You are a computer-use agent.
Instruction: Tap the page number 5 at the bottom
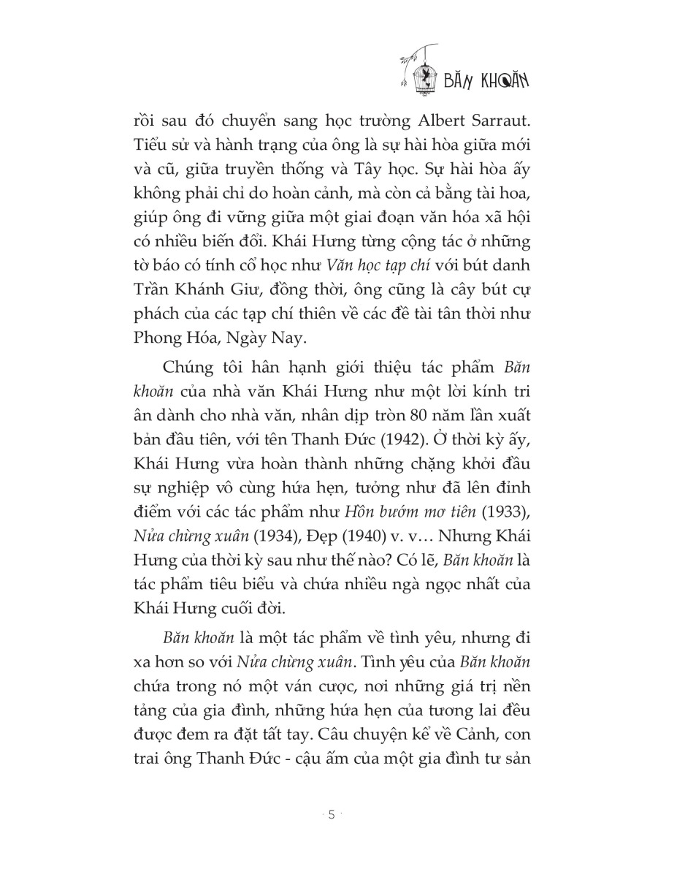tap(332, 815)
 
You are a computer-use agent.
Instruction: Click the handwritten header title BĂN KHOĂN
tap(486, 79)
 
